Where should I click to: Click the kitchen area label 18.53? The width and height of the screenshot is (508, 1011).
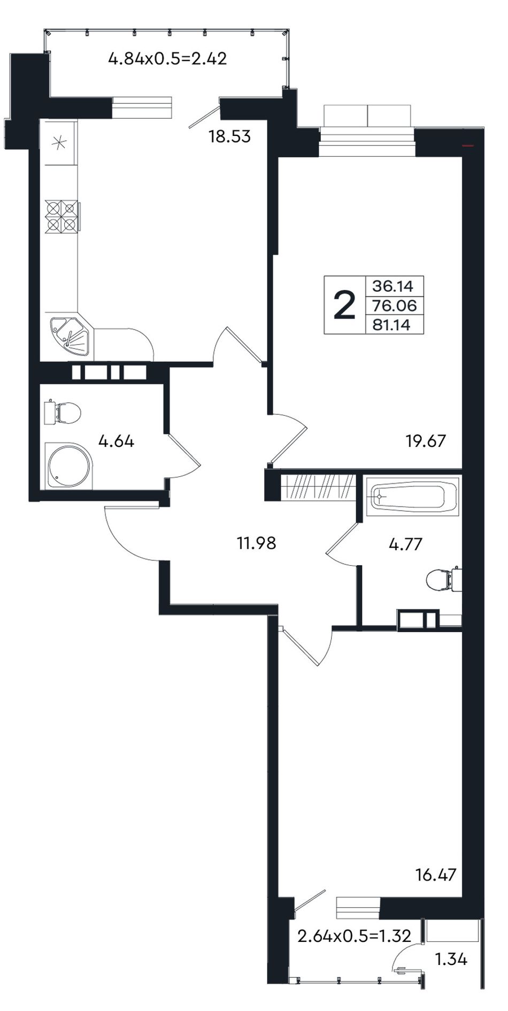pyautogui.click(x=229, y=136)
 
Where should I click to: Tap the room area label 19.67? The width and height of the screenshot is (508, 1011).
pyautogui.click(x=426, y=442)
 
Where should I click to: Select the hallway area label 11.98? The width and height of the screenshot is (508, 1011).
pyautogui.click(x=257, y=543)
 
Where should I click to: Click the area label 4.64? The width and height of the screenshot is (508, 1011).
pyautogui.click(x=116, y=442)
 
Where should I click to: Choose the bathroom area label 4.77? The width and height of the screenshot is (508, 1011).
pyautogui.click(x=406, y=544)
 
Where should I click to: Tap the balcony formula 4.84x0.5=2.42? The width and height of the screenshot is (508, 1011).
pyautogui.click(x=167, y=58)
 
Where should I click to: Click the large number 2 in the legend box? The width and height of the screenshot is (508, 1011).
pyautogui.click(x=344, y=306)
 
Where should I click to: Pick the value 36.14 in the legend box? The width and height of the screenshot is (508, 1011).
pyautogui.click(x=393, y=286)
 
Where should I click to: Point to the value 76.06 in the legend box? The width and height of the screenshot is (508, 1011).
pyautogui.click(x=395, y=306)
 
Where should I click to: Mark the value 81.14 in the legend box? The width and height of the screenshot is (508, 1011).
pyautogui.click(x=391, y=325)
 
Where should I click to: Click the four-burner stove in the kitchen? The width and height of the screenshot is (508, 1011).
pyautogui.click(x=62, y=216)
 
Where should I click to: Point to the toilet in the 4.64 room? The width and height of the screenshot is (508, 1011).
pyautogui.click(x=63, y=413)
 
